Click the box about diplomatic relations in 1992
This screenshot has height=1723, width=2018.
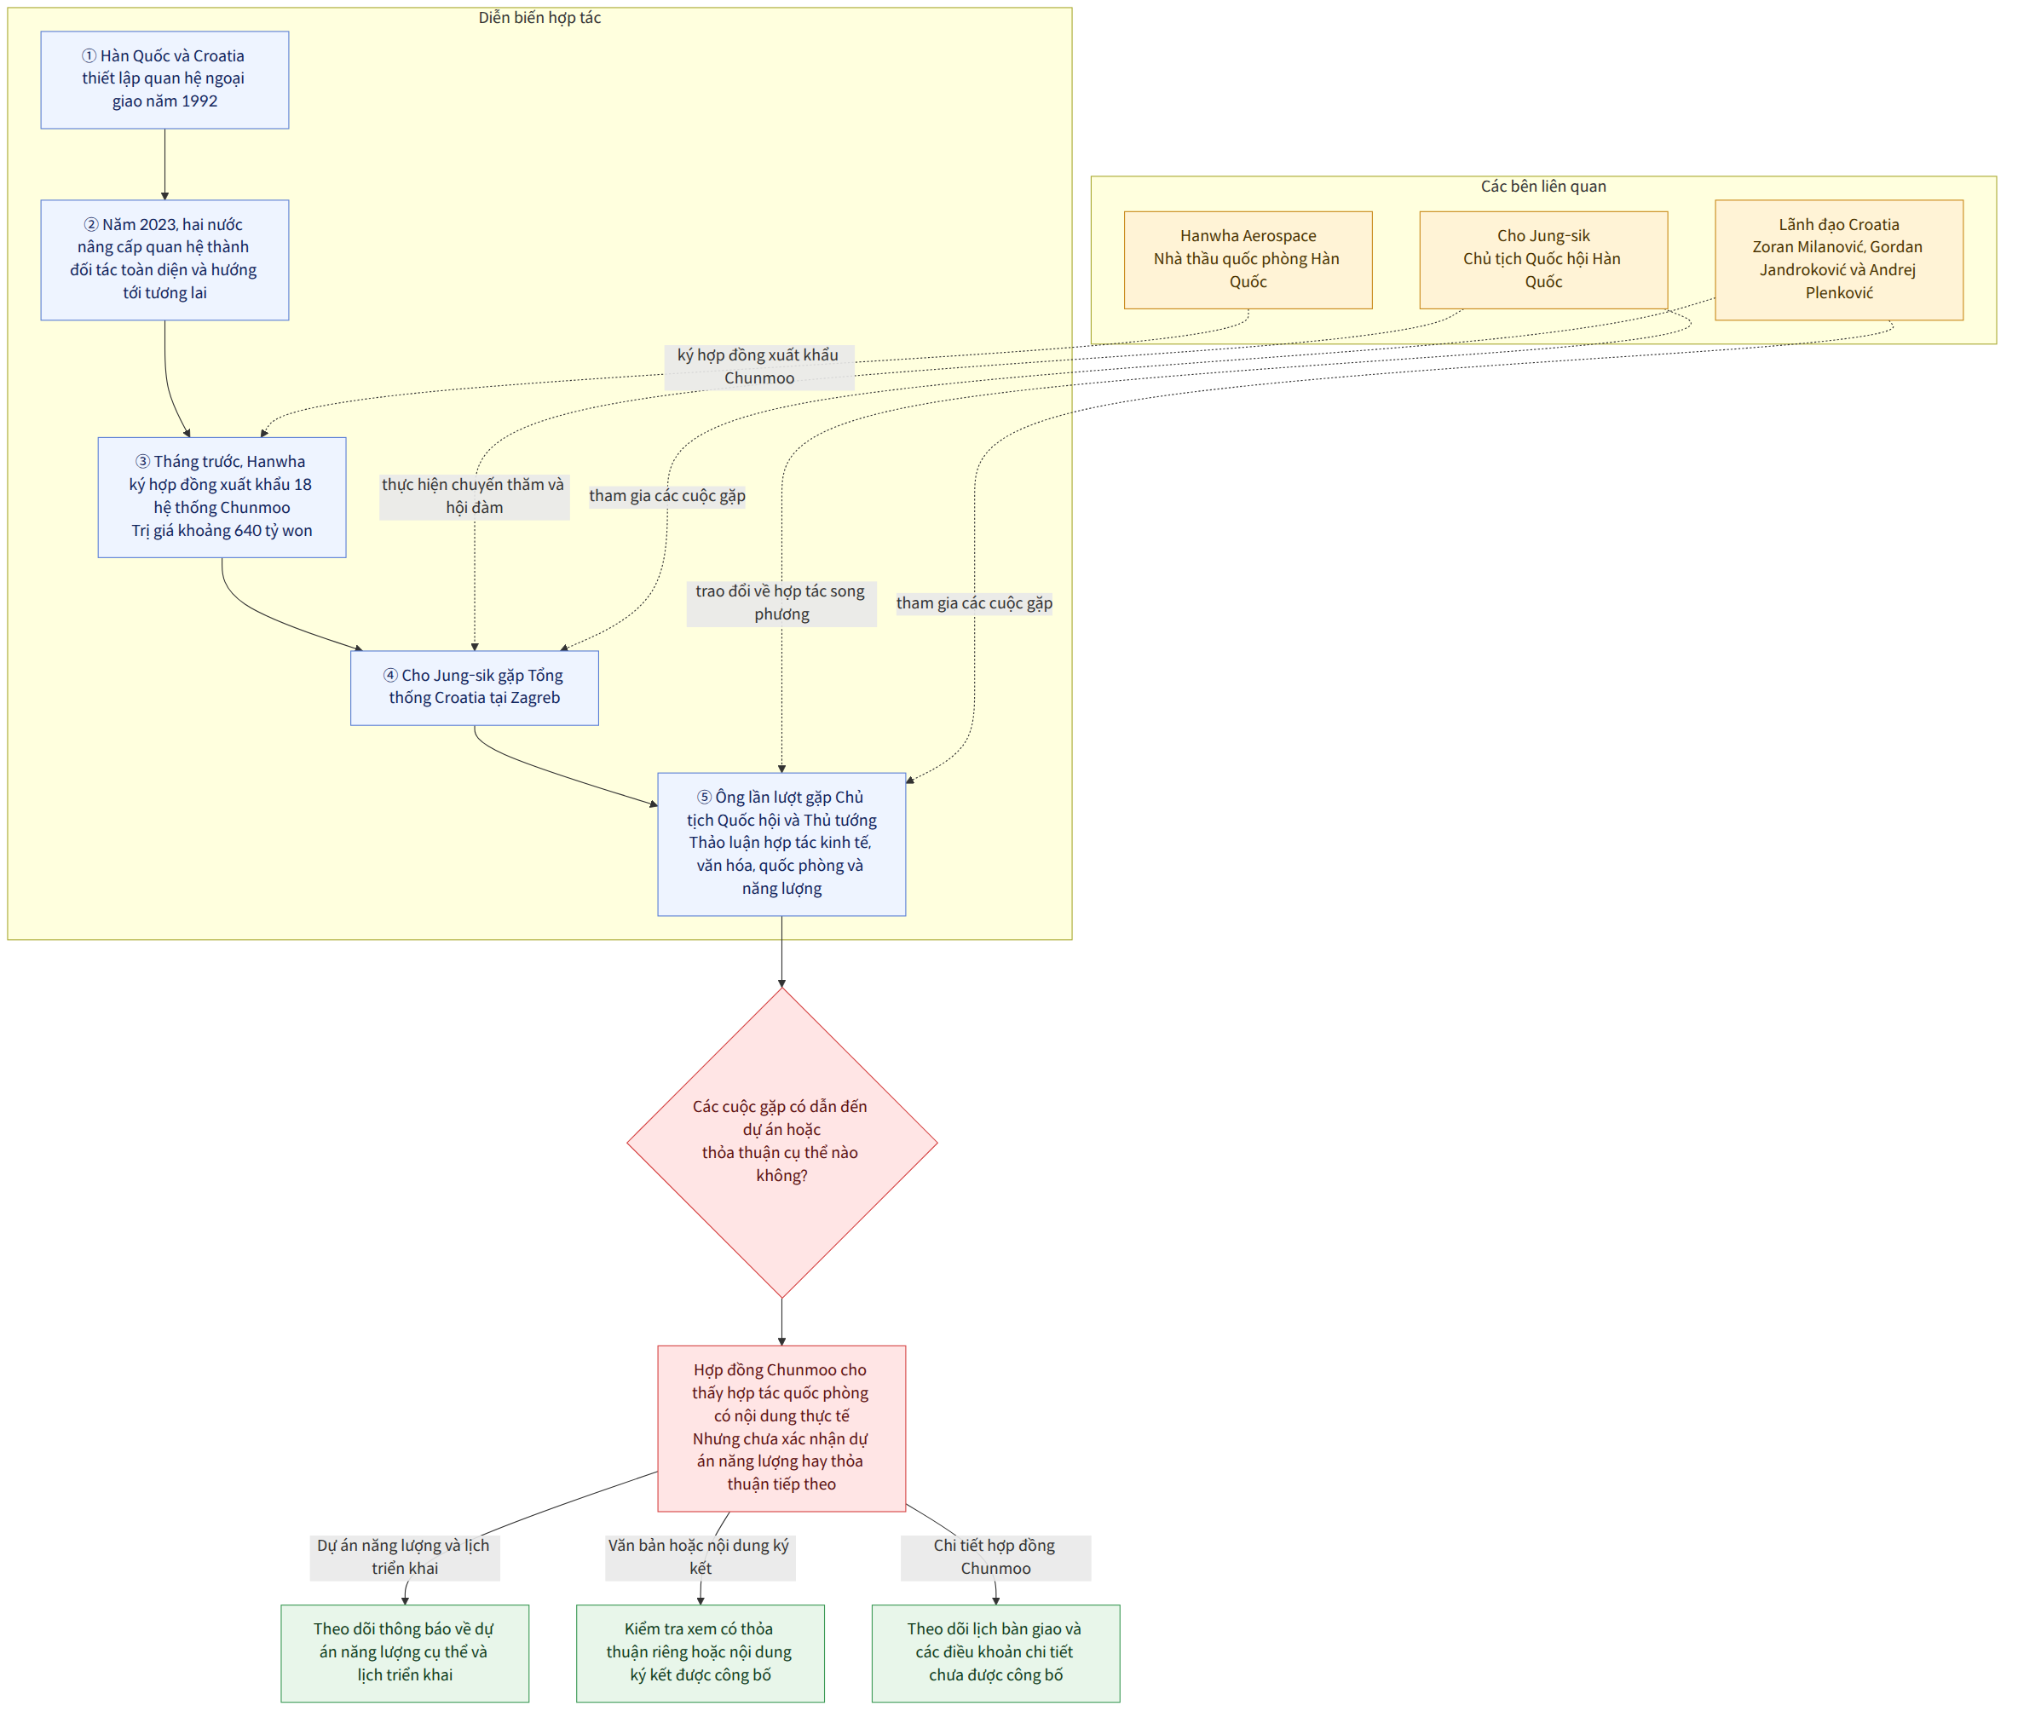coord(164,80)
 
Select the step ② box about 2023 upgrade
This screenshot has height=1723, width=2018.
coord(164,260)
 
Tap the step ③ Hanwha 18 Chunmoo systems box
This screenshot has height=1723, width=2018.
coord(222,497)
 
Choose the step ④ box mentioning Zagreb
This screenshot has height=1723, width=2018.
coord(475,688)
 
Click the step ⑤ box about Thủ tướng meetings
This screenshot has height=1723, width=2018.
coord(781,844)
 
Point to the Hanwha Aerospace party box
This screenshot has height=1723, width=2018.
coord(1248,260)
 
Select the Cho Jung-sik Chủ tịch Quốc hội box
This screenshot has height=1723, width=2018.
coord(1543,260)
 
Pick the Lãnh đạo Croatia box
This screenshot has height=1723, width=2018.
coord(1839,260)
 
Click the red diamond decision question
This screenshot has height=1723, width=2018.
coord(782,1143)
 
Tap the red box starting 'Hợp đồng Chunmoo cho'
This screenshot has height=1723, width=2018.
coord(781,1428)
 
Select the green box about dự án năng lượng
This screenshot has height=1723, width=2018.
coord(405,1653)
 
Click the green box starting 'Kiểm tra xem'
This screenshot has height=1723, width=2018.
coord(701,1653)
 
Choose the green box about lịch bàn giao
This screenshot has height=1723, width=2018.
coord(995,1653)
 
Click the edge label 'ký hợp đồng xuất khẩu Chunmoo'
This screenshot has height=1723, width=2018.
coord(758,367)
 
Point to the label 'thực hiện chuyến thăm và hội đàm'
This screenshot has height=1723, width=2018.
coord(475,497)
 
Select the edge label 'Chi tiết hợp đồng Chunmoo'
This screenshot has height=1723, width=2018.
coord(995,1557)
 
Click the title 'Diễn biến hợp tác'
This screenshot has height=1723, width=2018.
coord(539,19)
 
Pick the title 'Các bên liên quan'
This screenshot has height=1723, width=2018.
coord(1543,187)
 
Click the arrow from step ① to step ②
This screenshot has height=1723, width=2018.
coord(164,164)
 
